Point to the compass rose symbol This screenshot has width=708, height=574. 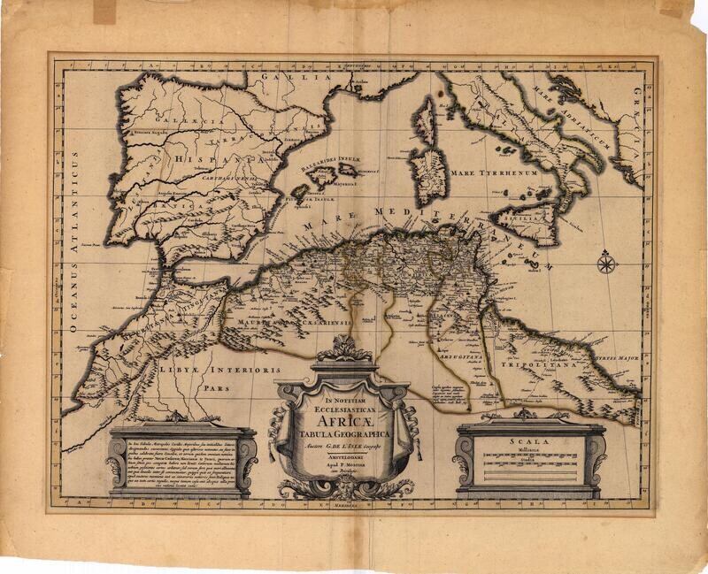606,262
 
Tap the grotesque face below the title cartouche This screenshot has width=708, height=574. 343,487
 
